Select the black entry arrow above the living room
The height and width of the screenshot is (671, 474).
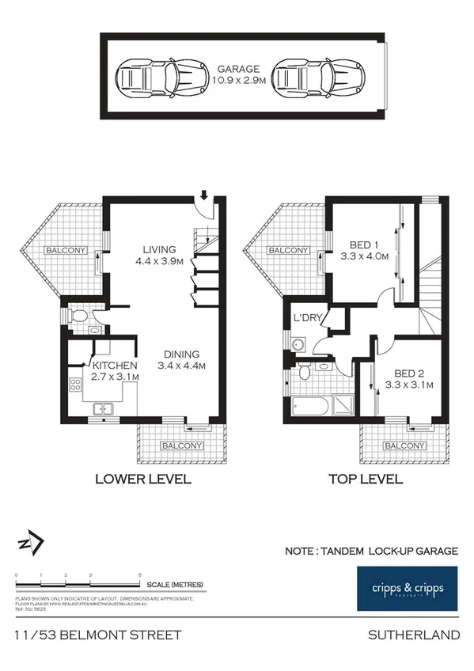point(204,194)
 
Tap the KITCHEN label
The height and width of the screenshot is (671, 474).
point(116,366)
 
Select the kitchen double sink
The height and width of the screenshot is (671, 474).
point(102,408)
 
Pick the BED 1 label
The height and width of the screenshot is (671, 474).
point(366,245)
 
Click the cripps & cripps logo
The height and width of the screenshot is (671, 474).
point(407,589)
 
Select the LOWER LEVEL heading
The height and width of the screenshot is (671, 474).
point(143,479)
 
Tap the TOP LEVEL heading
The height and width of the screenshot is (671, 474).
point(365,479)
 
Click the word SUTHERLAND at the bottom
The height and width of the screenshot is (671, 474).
point(414,635)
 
